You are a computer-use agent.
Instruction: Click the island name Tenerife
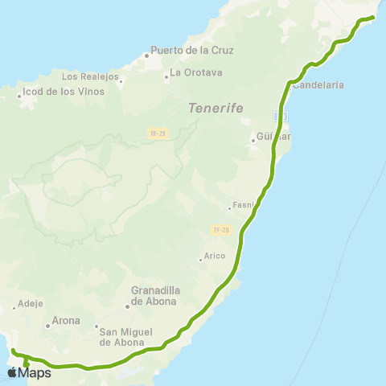pos(216,108)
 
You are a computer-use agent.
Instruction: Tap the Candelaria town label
pos(319,84)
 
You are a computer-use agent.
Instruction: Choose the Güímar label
pos(272,137)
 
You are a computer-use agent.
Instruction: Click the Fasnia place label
pos(244,205)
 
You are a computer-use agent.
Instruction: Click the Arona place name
pos(66,320)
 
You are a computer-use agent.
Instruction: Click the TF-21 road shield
pos(158,133)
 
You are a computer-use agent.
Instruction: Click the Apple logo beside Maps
pos(11,372)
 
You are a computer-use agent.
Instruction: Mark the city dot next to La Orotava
pos(165,77)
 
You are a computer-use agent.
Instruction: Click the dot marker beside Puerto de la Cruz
pos(147,55)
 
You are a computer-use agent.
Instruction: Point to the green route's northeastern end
pos(373,17)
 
